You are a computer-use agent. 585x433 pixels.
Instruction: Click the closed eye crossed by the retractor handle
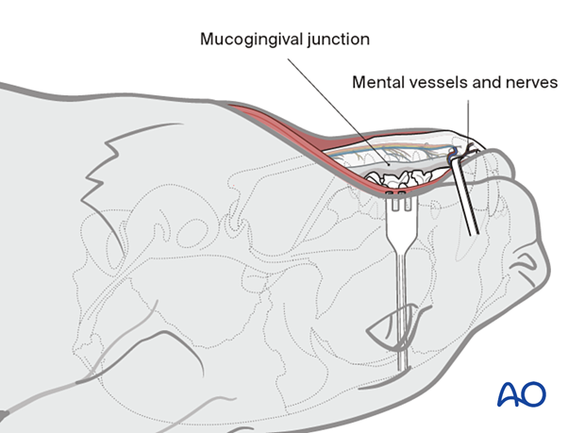point(389,325)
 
